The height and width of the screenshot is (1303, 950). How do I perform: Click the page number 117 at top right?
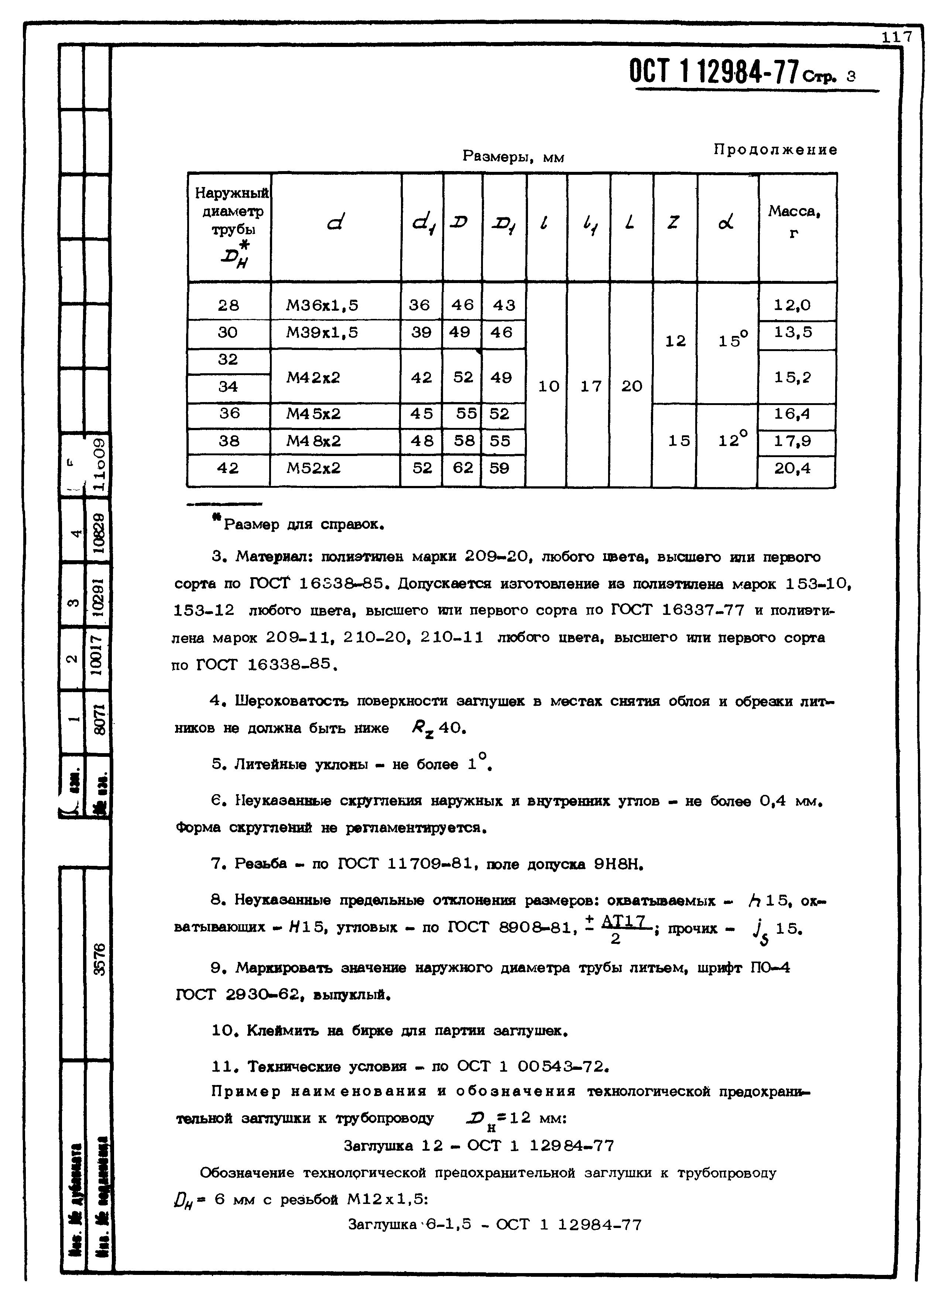(897, 37)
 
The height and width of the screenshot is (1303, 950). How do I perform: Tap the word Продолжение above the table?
(775, 150)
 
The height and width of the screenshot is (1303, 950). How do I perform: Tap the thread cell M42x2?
(313, 378)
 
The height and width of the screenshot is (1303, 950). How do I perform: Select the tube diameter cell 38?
(228, 441)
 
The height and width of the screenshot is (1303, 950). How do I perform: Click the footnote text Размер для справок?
(303, 524)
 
